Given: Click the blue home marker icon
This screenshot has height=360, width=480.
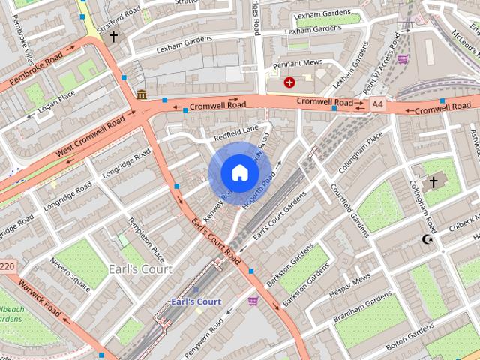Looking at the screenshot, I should [238, 173].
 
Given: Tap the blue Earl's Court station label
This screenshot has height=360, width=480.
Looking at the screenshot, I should [196, 301].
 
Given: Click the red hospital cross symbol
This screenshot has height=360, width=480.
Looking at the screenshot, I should [289, 82].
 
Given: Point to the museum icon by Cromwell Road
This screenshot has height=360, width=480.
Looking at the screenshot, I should [142, 94].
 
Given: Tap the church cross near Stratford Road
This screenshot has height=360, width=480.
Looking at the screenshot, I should [113, 36].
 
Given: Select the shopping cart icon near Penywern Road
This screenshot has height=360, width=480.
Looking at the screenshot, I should [253, 301].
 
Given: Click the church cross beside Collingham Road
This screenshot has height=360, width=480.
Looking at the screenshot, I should [433, 182].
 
